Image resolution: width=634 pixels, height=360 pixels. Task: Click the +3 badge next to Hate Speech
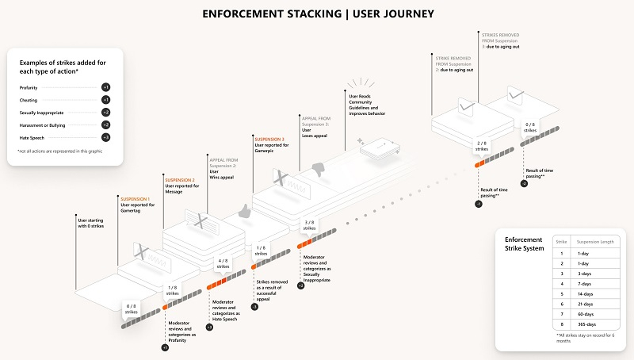click(x=106, y=137)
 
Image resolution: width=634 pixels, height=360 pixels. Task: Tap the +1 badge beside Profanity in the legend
click(x=106, y=86)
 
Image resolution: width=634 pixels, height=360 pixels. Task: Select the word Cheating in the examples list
click(x=29, y=100)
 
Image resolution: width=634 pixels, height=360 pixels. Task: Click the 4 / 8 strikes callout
click(x=223, y=263)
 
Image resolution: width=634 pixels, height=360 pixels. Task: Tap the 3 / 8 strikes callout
click(x=308, y=226)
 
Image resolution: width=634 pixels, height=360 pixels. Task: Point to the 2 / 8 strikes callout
click(x=481, y=146)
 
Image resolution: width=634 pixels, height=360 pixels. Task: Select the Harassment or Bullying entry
click(x=44, y=124)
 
